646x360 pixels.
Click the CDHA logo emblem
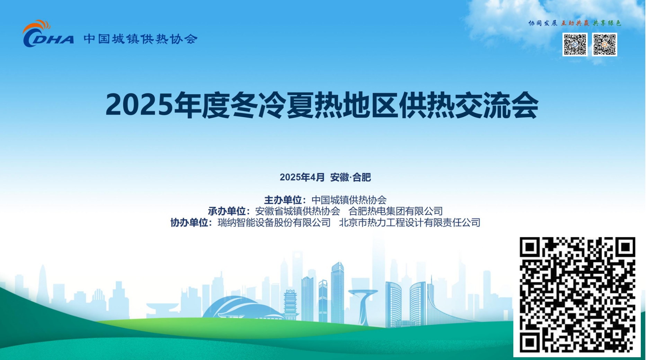coord(48,34)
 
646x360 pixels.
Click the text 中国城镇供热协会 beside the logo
coord(141,39)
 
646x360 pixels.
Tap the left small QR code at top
coord(575,44)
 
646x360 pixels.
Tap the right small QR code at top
coord(604,44)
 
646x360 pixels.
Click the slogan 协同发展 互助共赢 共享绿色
coord(574,23)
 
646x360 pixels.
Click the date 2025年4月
coord(302,177)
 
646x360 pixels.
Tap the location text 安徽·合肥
coord(351,177)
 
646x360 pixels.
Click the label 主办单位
coord(283,200)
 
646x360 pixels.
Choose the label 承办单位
coord(227,211)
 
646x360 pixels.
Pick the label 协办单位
coord(189,222)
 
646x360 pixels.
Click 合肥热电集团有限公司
coord(396,211)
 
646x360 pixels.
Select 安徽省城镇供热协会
coord(298,211)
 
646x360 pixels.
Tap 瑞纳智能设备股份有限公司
coord(274,222)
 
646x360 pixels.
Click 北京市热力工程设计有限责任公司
coord(410,222)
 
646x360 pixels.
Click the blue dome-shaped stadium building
coord(242,307)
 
